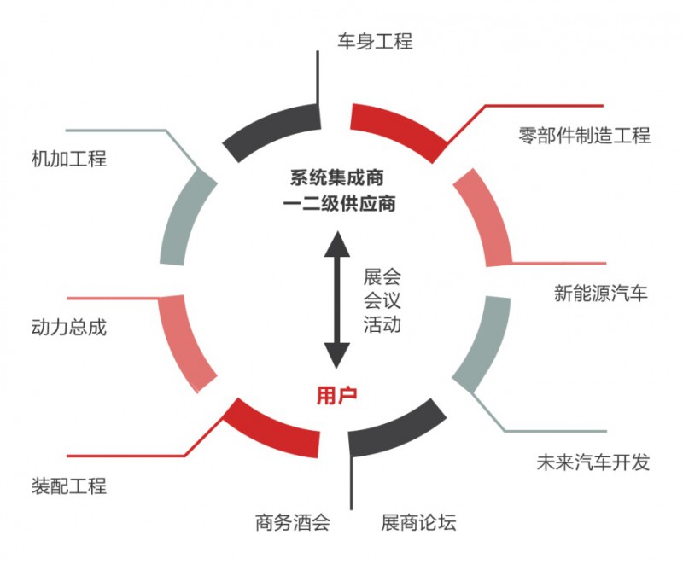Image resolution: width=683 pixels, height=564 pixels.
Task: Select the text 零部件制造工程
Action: tap(584, 135)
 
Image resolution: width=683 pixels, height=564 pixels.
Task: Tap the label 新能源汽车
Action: tap(601, 294)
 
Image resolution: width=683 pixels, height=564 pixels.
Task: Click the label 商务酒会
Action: tap(292, 521)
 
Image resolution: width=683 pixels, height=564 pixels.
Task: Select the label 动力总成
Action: tap(68, 327)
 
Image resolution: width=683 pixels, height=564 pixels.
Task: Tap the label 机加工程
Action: tap(68, 158)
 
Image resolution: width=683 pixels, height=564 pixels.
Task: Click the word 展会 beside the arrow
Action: tap(382, 277)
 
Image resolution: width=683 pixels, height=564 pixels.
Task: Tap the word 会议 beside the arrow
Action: tap(382, 300)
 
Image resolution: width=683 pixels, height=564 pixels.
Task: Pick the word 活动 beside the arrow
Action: tap(382, 324)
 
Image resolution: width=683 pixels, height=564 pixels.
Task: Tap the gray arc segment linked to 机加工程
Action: tap(184, 217)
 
